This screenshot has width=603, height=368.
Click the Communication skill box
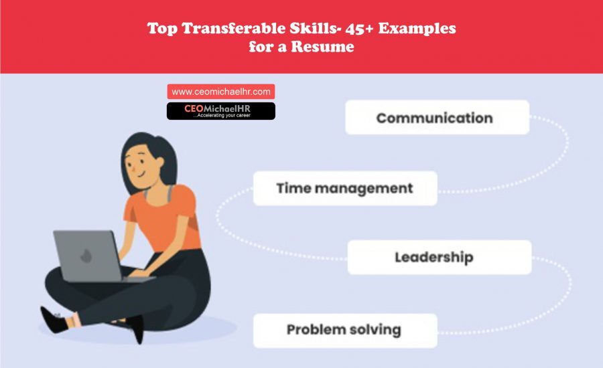click(436, 118)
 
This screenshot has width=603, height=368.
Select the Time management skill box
click(344, 188)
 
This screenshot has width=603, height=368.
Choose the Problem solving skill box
click(344, 330)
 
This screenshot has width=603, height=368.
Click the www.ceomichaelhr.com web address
click(220, 92)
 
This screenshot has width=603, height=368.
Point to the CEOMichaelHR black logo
click(220, 110)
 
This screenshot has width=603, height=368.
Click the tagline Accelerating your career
click(221, 115)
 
